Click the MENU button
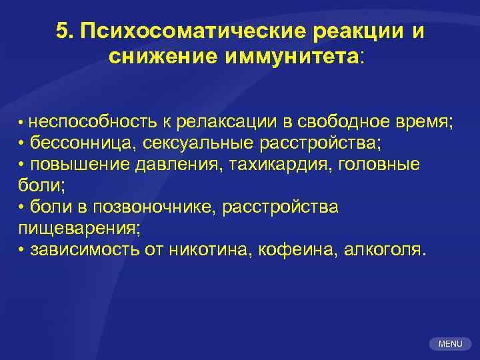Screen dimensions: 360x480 click(450, 344)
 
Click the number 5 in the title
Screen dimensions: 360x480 click(62, 31)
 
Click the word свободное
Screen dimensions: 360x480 click(343, 122)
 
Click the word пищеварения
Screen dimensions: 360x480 click(77, 228)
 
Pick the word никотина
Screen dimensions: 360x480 click(213, 249)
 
